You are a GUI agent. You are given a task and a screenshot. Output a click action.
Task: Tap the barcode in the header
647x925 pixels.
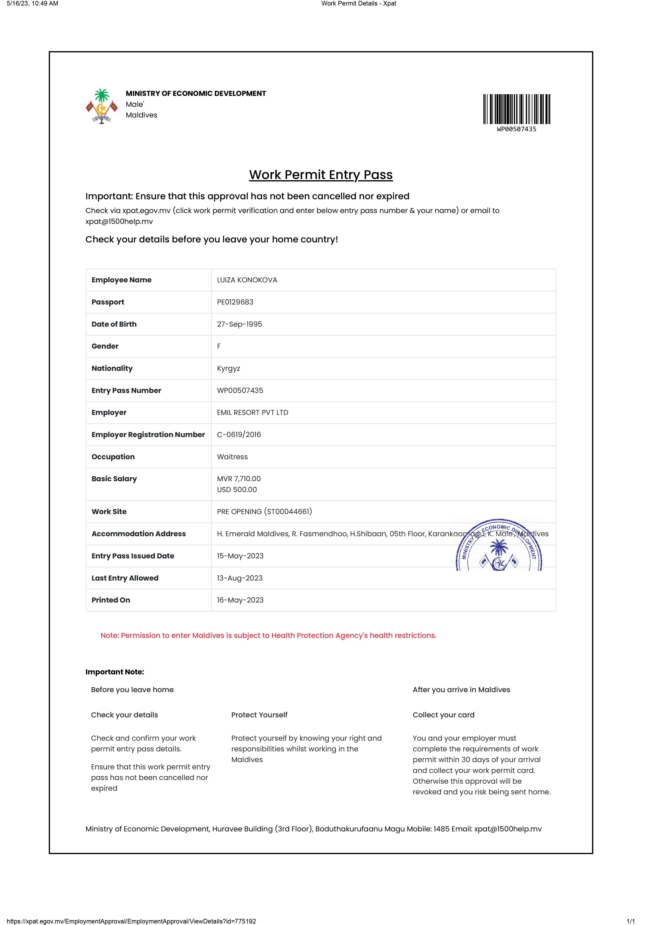(517, 109)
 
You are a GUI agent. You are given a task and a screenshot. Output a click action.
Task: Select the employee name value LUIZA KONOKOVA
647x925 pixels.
(247, 280)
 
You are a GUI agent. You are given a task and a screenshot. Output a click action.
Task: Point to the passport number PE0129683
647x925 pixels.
(235, 302)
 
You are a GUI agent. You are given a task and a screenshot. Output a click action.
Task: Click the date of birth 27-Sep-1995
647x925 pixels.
(239, 324)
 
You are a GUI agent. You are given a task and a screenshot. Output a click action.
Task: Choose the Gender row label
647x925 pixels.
(105, 347)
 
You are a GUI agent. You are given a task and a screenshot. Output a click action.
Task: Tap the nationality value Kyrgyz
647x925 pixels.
(228, 369)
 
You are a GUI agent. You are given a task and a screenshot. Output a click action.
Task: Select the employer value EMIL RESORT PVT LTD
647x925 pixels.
(252, 412)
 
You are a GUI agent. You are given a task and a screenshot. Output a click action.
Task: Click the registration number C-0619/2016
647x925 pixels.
(239, 435)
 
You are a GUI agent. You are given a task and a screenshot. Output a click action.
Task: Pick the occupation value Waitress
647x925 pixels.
(232, 457)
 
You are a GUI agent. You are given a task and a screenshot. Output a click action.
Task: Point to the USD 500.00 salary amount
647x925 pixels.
(237, 490)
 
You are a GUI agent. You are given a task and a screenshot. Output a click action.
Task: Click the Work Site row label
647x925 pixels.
(109, 512)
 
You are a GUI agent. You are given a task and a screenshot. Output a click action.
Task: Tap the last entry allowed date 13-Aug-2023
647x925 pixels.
(240, 578)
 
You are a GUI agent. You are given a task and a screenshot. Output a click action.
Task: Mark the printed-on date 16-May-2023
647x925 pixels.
(240, 600)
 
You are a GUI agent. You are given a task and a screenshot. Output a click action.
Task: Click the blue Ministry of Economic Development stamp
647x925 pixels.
(499, 546)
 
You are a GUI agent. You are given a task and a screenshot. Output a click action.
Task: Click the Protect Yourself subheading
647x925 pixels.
(259, 715)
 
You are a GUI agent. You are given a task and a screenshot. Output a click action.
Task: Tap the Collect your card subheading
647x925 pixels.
(443, 715)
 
